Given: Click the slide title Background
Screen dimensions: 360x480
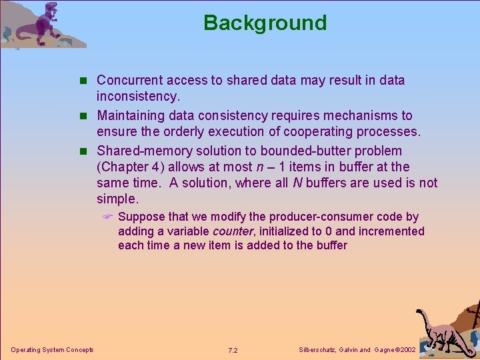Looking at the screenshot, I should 265,23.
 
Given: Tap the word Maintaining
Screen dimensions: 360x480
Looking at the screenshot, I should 132,115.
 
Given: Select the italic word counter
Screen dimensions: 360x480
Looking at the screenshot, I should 233,231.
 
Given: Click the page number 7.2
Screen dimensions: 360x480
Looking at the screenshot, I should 233,350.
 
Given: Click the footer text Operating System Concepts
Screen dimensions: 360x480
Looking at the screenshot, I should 52,350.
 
